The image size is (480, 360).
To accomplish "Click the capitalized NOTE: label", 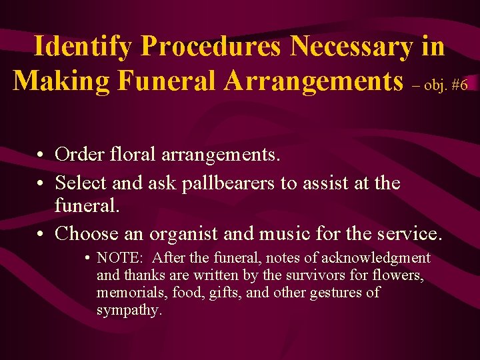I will [117, 258].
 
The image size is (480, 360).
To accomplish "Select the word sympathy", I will [129, 310].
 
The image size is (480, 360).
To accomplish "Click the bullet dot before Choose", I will [41, 234].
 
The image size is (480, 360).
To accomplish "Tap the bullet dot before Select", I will [41, 183].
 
